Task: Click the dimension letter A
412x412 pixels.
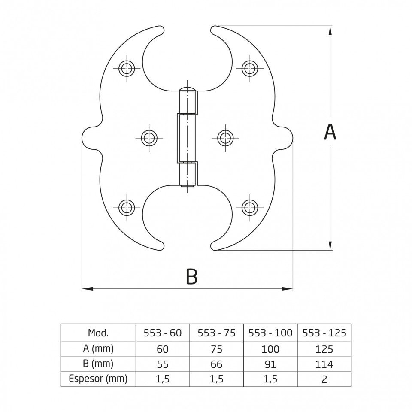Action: [330, 132]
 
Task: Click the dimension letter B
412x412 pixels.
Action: [191, 276]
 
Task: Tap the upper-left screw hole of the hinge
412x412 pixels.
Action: [127, 68]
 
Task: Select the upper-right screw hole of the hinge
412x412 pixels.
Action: [250, 68]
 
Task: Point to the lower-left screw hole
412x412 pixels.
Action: [127, 208]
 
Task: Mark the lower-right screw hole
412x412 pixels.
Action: [250, 208]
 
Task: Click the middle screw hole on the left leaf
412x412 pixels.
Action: [149, 138]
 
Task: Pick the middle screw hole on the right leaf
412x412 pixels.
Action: [225, 137]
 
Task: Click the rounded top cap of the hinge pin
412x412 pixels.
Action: [187, 89]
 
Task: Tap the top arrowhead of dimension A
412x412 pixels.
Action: [330, 30]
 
